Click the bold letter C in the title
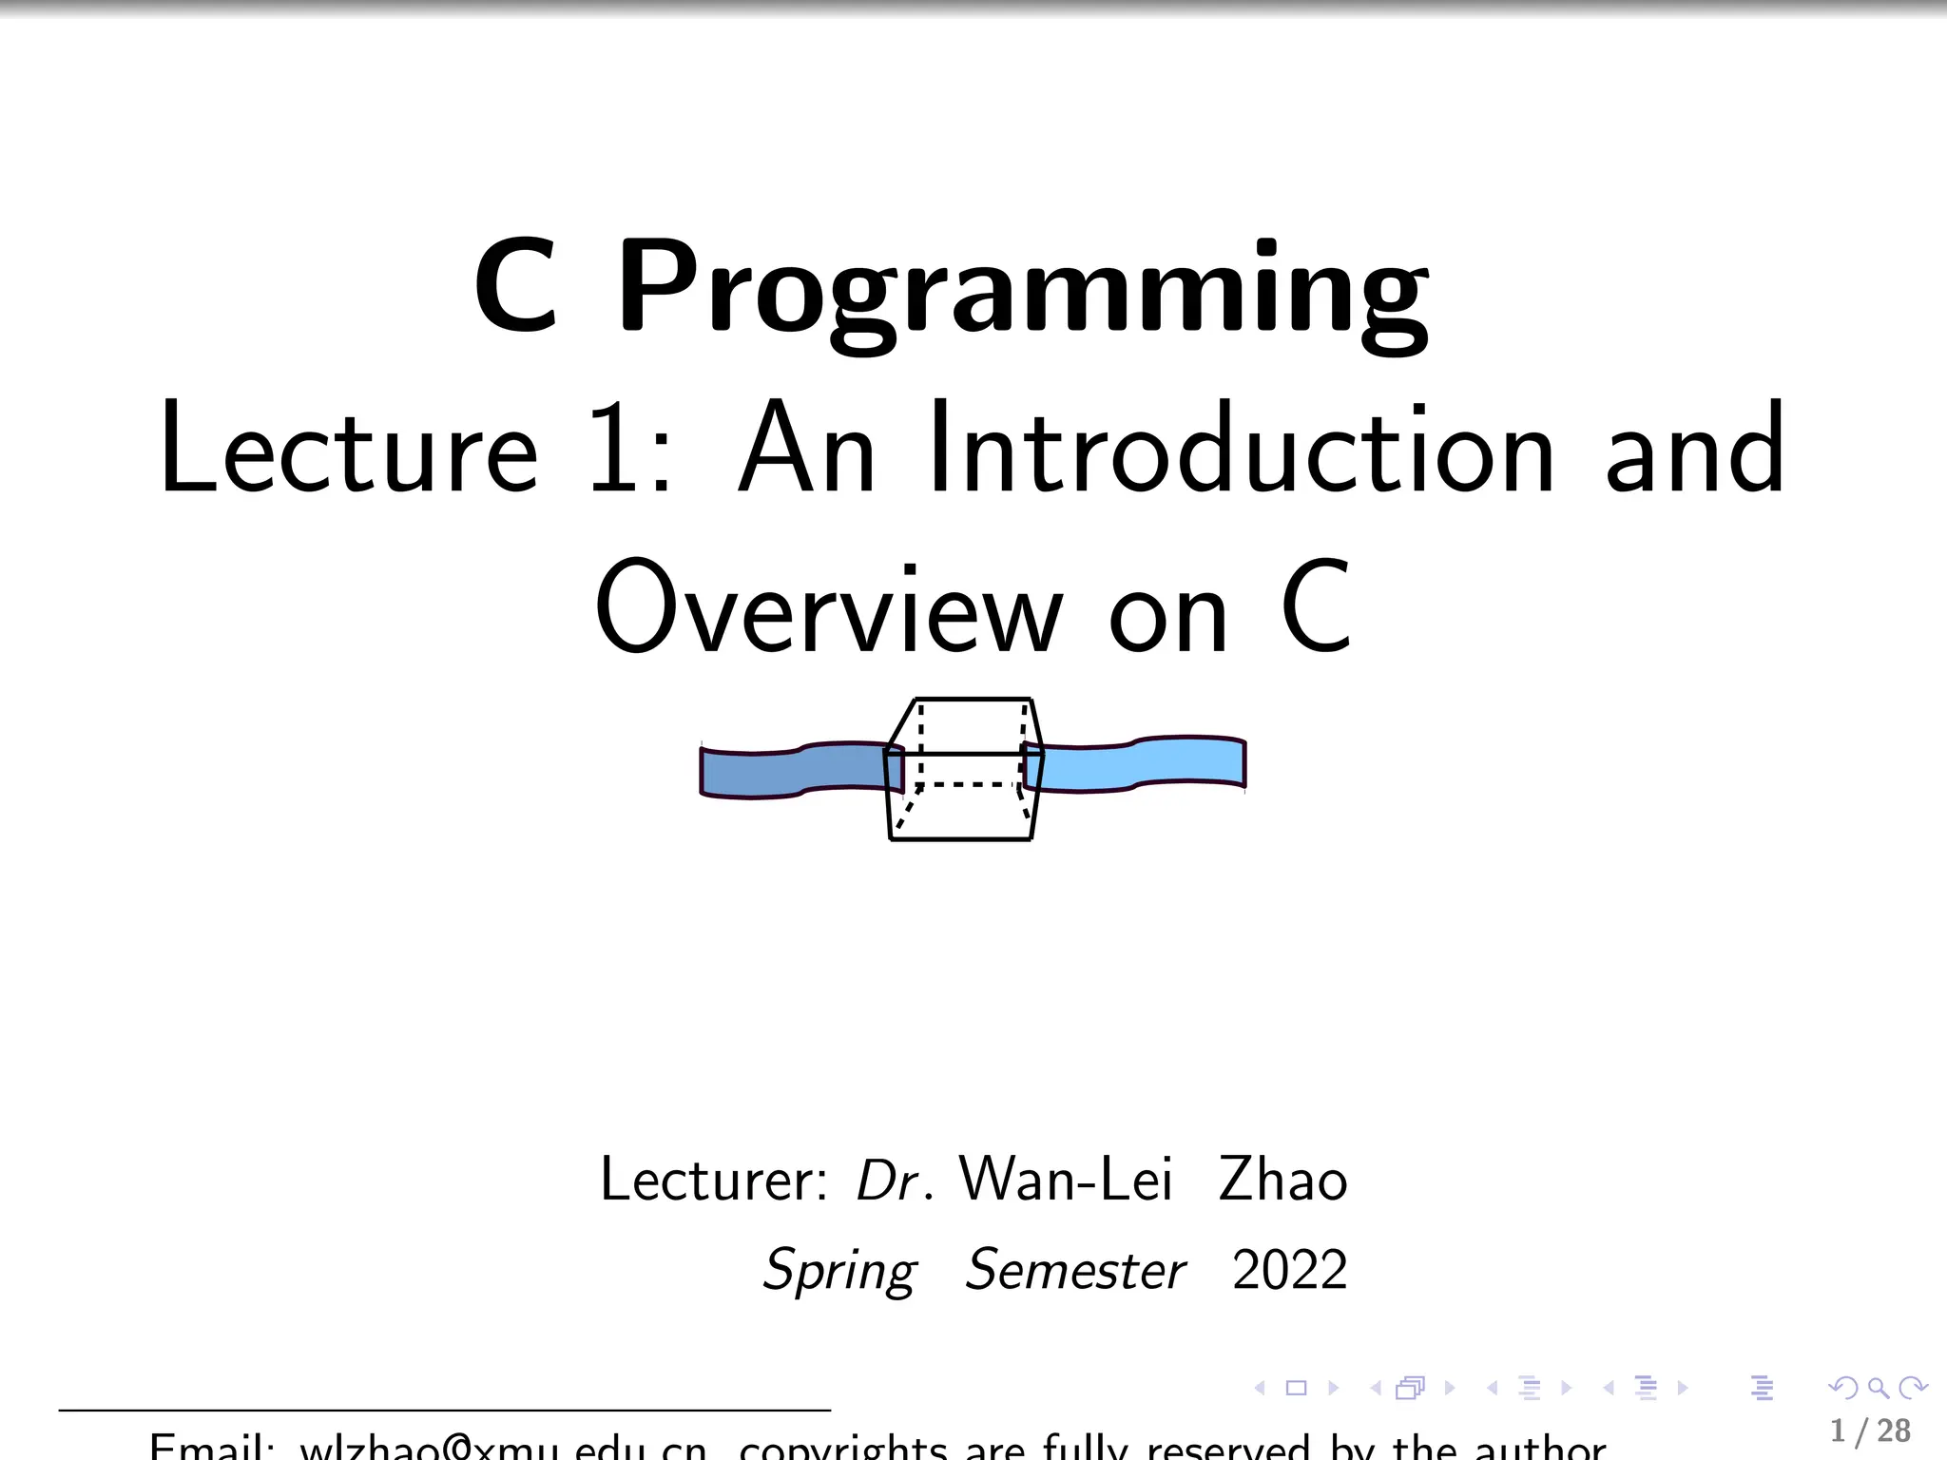(515, 287)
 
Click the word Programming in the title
(1023, 290)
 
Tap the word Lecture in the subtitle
(349, 450)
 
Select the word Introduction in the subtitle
(1243, 449)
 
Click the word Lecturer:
(714, 1180)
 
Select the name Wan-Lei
(1065, 1180)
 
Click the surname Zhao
(1282, 1180)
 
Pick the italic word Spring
(840, 1271)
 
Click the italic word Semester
(1075, 1271)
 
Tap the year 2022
(1289, 1271)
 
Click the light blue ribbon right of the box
(1141, 764)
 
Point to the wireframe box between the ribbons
(962, 770)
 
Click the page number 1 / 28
(1870, 1431)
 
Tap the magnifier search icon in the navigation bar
(1878, 1389)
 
